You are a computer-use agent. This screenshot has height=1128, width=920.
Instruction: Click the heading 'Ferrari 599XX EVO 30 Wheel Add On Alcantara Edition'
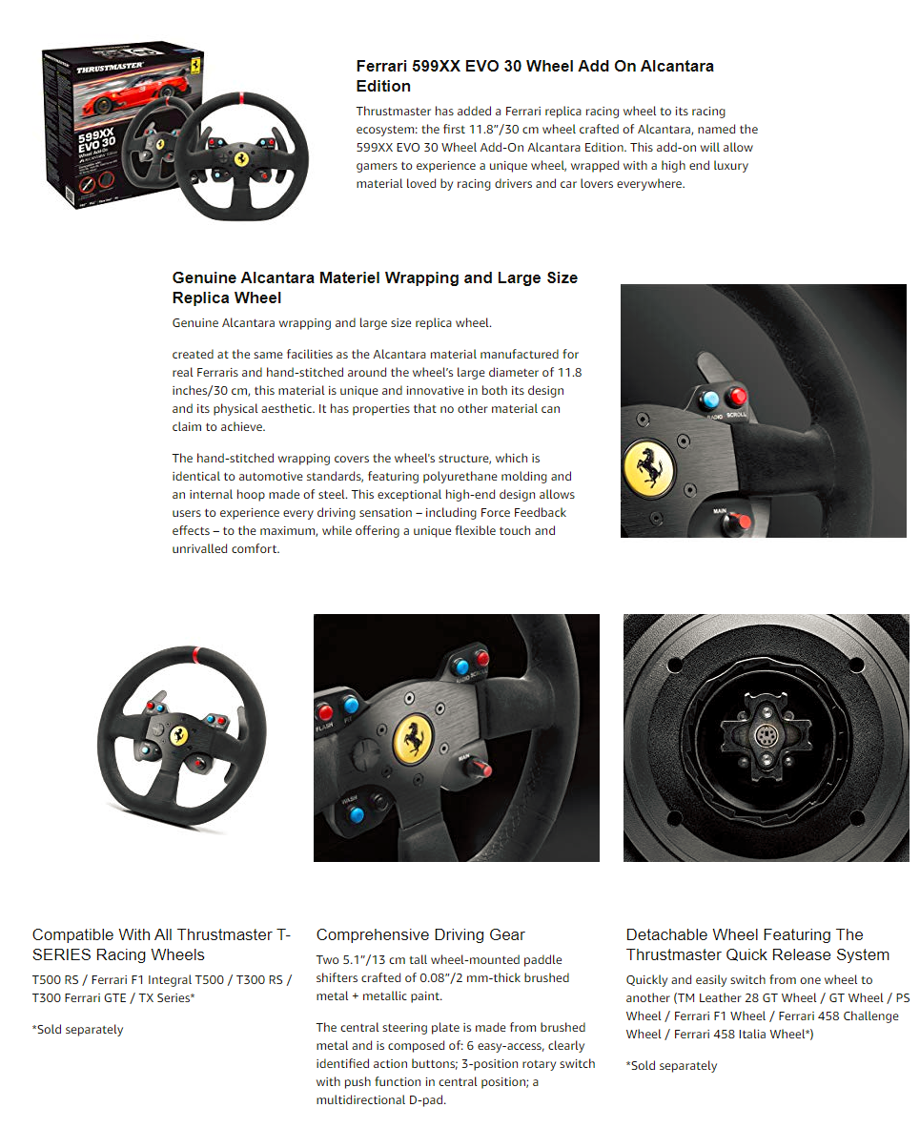coord(535,75)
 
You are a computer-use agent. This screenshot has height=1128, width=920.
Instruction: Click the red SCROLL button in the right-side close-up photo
coord(736,397)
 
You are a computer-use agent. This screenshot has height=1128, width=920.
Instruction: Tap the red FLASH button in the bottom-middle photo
coord(326,710)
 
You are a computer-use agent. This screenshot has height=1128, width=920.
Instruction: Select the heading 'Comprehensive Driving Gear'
coord(420,934)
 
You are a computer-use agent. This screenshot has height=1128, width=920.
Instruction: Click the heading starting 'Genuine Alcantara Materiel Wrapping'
coord(375,287)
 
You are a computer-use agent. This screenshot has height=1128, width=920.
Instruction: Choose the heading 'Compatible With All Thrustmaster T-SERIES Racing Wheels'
coord(161,944)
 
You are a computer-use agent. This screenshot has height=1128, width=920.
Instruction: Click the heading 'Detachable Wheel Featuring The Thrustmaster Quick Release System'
coord(757,944)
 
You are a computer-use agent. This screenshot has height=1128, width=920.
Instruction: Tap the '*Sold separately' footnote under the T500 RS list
coord(78,1030)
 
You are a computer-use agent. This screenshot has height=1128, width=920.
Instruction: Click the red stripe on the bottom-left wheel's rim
coord(197,655)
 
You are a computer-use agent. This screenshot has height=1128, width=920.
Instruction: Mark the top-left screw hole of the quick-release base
coord(673,664)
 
